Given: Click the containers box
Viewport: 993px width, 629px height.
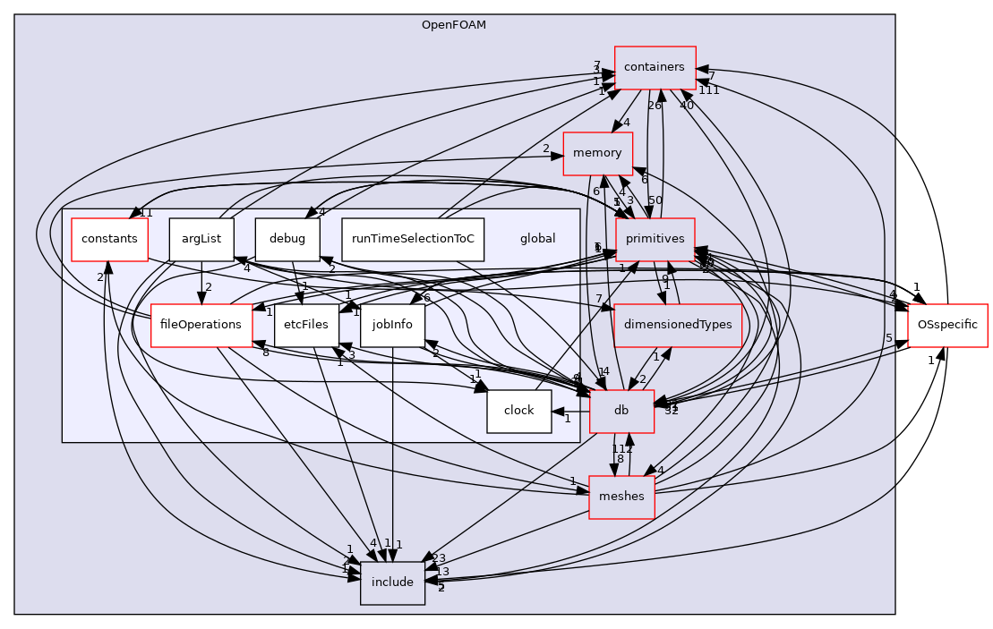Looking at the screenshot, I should coord(655,67).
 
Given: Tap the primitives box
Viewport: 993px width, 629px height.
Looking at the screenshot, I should coord(655,239).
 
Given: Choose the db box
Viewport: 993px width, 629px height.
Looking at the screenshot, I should coord(621,411).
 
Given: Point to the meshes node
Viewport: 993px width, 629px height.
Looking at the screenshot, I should coord(621,497).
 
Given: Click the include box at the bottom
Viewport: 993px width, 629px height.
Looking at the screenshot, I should coord(392,582).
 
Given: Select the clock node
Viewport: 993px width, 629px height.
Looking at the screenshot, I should coord(518,411).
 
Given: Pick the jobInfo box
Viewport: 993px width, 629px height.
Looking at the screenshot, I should coord(391,325).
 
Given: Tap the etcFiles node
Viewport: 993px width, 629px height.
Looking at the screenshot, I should coord(305,325).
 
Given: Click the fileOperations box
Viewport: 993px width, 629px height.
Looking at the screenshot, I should coord(201,325).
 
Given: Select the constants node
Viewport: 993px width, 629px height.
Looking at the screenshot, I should coord(109,239).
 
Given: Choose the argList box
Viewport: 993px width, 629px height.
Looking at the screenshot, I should coord(201,239).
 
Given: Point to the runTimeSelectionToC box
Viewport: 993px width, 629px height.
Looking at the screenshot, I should coord(413,239).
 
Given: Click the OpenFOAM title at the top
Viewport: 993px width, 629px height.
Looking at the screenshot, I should coord(454,24).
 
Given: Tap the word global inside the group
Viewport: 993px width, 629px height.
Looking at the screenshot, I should coord(537,239).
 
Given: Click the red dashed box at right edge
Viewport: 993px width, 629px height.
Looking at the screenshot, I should coord(946,325).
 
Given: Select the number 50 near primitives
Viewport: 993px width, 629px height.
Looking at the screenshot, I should coord(655,200).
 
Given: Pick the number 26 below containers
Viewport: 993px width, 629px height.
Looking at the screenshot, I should coord(655,106).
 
